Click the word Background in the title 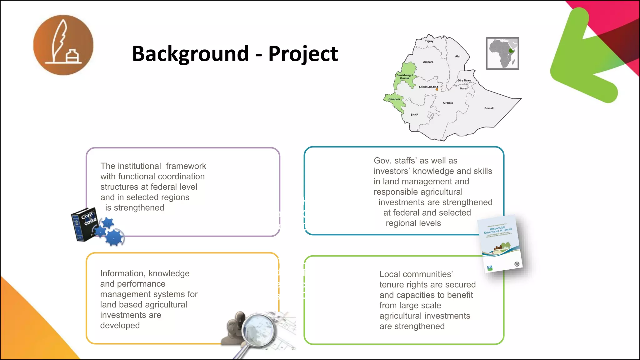coord(190,54)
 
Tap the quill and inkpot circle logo coord(63,45)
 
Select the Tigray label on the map coord(429,41)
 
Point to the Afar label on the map coord(458,57)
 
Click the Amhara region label coord(428,62)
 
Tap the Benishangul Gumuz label coord(405,77)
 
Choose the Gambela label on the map coord(394,99)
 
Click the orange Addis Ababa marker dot coord(437,90)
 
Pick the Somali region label coord(489,108)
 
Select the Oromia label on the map coord(448,103)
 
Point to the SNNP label coord(414,115)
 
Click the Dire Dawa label coord(464,80)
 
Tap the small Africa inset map coord(502,53)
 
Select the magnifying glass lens coord(258,330)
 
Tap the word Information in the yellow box coord(122,273)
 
